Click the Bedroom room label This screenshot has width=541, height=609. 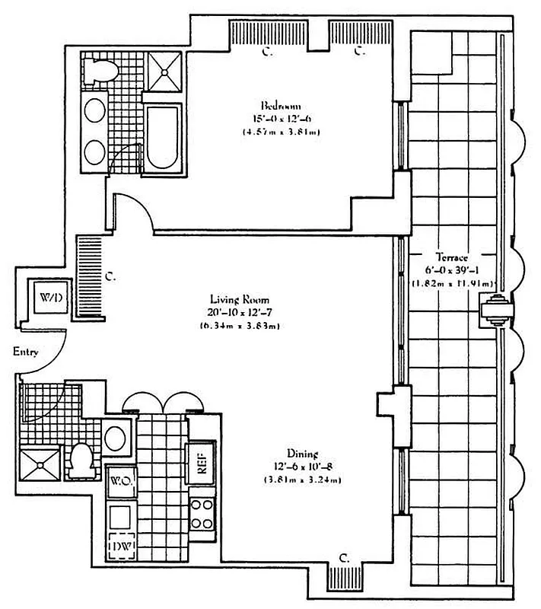click(281, 104)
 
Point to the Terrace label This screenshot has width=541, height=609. click(452, 257)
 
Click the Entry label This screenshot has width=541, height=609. click(25, 352)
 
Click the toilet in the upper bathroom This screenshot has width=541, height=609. click(101, 69)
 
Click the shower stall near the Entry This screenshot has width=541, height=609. click(39, 464)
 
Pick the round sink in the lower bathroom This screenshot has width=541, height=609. click(117, 438)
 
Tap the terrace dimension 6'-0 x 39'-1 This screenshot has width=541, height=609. click(452, 270)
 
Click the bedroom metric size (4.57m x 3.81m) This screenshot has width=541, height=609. click(281, 131)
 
